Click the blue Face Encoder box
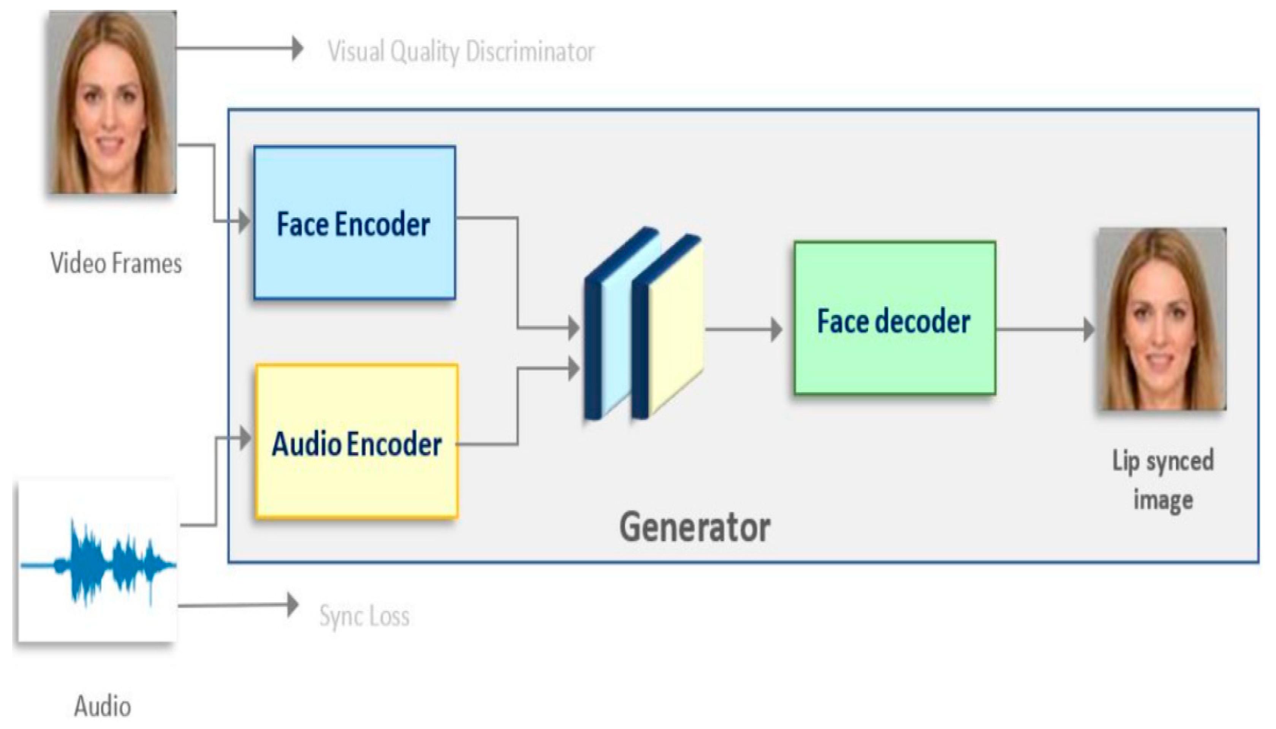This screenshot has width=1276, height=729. tap(355, 223)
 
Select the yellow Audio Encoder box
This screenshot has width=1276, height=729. tap(356, 441)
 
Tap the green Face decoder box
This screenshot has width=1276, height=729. tap(894, 318)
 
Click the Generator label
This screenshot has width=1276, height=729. tap(695, 527)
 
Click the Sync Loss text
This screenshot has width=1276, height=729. tap(364, 616)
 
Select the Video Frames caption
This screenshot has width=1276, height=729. tap(116, 263)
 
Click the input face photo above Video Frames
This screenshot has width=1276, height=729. tap(112, 102)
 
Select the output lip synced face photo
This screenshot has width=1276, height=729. tap(1162, 319)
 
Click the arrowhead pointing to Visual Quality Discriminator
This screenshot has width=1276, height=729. tap(298, 49)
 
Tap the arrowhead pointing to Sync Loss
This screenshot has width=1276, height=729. tap(293, 605)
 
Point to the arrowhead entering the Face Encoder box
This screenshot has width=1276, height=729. tap(244, 221)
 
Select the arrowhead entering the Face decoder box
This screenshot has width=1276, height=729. tap(776, 329)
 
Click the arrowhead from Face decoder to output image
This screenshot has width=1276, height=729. tap(1089, 329)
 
